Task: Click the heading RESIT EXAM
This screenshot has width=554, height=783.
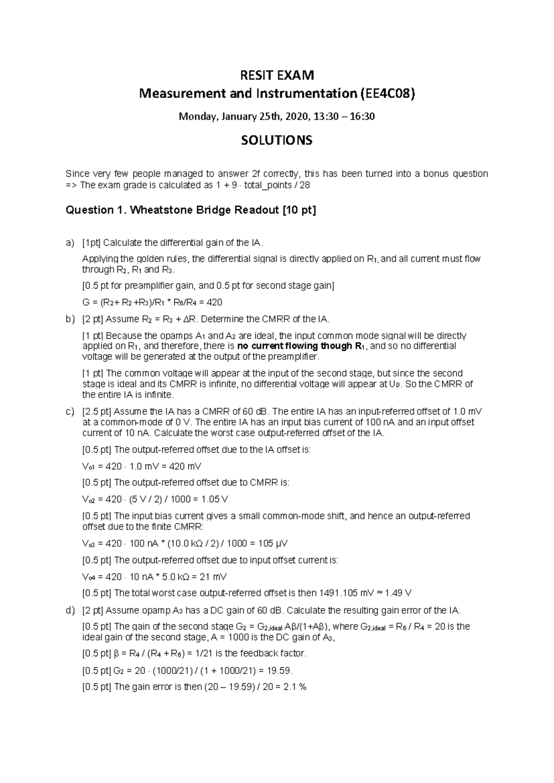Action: (277, 75)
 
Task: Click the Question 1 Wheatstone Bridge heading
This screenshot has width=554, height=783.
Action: (191, 211)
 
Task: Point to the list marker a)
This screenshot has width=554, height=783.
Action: (70, 243)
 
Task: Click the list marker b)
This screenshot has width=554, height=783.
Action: (70, 319)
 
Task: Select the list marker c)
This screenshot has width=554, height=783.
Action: (70, 411)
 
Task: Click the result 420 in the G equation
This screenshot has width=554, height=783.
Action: (215, 302)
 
